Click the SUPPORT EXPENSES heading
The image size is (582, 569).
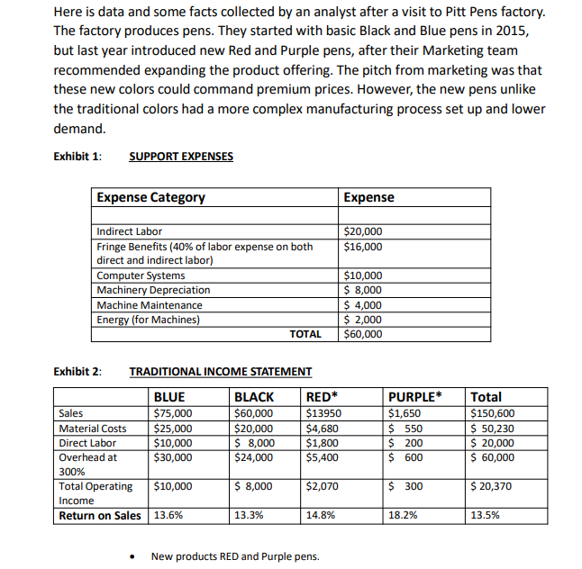point(181,156)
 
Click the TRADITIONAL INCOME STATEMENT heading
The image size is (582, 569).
point(221,371)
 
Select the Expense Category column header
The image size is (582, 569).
point(151,197)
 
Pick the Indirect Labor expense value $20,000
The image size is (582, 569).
point(364,231)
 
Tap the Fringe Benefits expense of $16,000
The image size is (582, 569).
point(364,246)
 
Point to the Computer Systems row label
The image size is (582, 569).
point(141,275)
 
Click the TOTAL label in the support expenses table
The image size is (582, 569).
point(305,334)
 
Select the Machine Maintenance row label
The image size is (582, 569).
point(149,304)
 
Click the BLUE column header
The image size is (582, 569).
point(169,397)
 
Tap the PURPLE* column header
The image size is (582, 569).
point(415,397)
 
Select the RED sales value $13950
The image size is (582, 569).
point(323,413)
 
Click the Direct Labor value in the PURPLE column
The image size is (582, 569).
point(406,443)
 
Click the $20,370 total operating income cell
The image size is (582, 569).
point(493,487)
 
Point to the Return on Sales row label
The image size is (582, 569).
point(99,516)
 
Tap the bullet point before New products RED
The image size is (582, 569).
point(133,556)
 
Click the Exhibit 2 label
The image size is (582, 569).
point(77,371)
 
